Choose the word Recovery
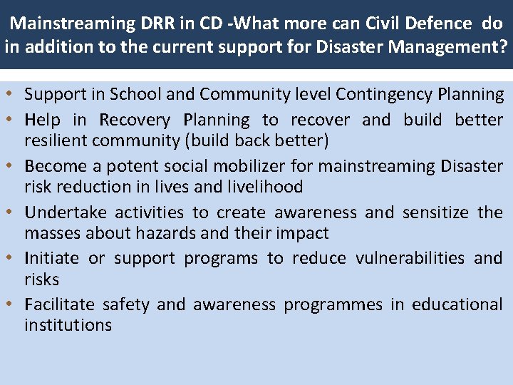(135, 120)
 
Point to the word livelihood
(266, 187)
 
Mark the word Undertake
(65, 212)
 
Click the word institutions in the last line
(68, 325)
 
